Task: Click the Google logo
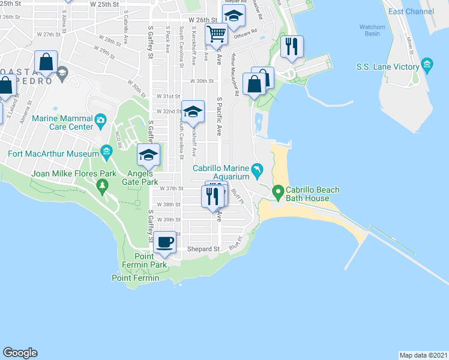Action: (20, 353)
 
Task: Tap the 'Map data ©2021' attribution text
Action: (423, 355)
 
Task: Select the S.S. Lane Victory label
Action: (387, 67)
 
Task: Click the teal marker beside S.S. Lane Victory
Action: (427, 64)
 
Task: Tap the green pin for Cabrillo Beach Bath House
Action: (277, 192)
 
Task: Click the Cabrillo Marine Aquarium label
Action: (221, 172)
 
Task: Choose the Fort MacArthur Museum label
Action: (52, 154)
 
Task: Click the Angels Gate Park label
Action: (140, 178)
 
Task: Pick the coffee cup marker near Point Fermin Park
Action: (164, 243)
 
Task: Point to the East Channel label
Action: (411, 11)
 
